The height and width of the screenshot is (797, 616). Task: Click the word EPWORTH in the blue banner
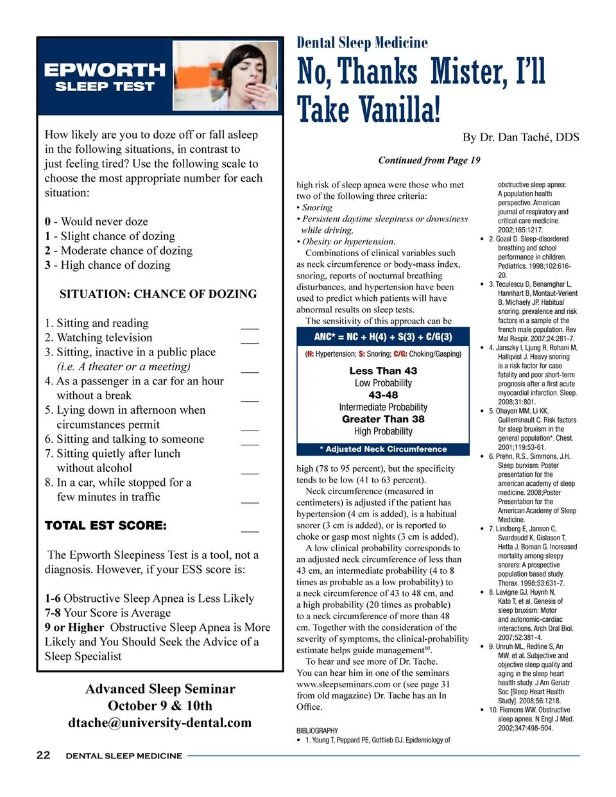105,70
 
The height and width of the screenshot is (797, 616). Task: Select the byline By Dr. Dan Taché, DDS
520,137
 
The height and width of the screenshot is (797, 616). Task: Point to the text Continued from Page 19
429,160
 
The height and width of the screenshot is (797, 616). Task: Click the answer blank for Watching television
250,341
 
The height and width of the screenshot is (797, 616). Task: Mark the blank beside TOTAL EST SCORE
250,530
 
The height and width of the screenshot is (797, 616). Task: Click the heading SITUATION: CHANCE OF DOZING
158,294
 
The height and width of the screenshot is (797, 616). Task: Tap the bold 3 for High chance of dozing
47,265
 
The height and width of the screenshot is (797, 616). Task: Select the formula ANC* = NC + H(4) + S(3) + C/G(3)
383,337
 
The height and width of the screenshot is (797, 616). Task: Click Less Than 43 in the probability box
383,371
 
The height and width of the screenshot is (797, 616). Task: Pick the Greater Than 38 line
383,419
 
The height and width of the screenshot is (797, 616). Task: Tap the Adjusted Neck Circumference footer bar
383,449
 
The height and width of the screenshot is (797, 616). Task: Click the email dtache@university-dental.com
160,723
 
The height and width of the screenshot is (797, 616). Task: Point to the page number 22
43,755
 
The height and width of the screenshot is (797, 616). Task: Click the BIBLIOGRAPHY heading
317,730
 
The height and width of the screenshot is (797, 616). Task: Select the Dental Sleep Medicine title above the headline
362,43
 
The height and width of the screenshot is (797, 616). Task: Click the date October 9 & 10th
160,706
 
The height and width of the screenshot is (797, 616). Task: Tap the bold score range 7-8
53,613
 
